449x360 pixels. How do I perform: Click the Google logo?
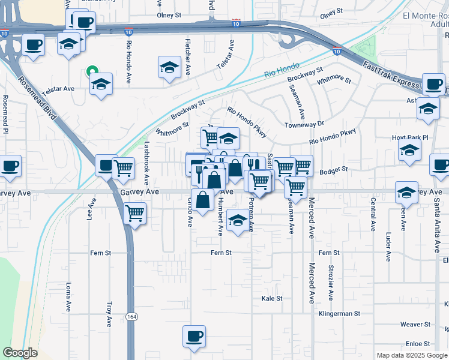pyautogui.click(x=20, y=353)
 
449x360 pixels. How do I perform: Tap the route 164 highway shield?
pyautogui.click(x=131, y=316)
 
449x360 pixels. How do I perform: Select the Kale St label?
pyautogui.click(x=272, y=298)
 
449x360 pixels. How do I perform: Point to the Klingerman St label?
pyautogui.click(x=339, y=313)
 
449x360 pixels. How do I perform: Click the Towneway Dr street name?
pyautogui.click(x=304, y=124)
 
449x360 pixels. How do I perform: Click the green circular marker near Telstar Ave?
pyautogui.click(x=91, y=71)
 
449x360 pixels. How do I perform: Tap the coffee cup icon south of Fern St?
pyautogui.click(x=193, y=337)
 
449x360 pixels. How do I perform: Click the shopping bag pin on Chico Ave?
pyautogui.click(x=203, y=200)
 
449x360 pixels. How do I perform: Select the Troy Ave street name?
pyautogui.click(x=109, y=314)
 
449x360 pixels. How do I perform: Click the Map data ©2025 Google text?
pyautogui.click(x=411, y=355)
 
